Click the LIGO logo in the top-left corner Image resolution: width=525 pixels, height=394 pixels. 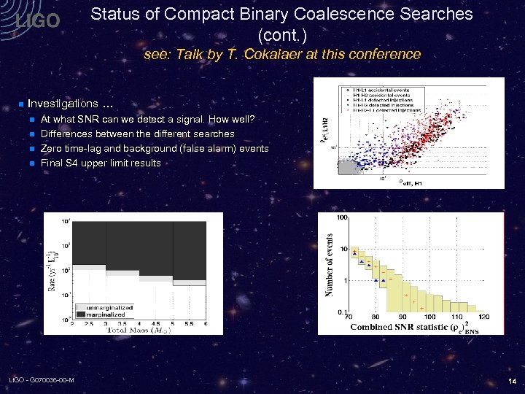38,22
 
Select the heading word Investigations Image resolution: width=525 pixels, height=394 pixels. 62,104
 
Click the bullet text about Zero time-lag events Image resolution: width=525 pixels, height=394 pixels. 155,148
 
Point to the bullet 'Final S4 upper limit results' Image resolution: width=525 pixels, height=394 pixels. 101,163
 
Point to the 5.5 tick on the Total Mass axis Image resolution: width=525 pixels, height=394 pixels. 188,323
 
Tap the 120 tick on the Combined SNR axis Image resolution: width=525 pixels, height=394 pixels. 483,317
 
